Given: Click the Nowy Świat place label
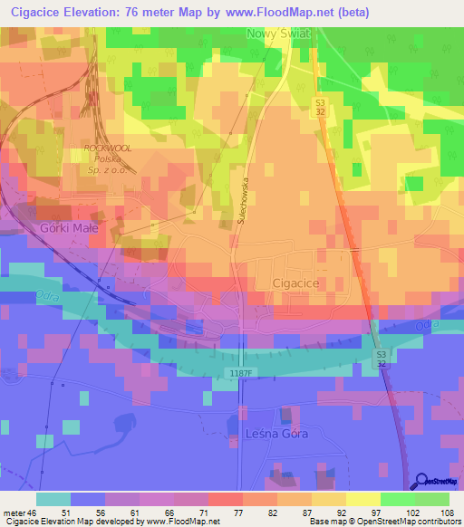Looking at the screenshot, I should pyautogui.click(x=278, y=33).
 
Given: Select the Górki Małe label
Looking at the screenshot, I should pyautogui.click(x=68, y=228).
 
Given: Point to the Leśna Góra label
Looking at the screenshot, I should pyautogui.click(x=277, y=434).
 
